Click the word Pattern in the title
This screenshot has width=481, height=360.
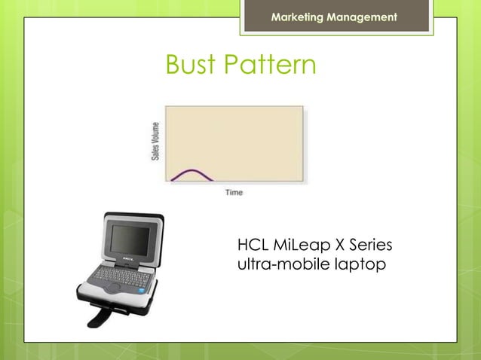click(x=269, y=66)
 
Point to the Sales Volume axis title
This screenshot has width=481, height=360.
click(x=155, y=141)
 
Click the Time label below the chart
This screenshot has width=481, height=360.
click(x=234, y=193)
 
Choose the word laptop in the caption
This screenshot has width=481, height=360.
click(x=356, y=265)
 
